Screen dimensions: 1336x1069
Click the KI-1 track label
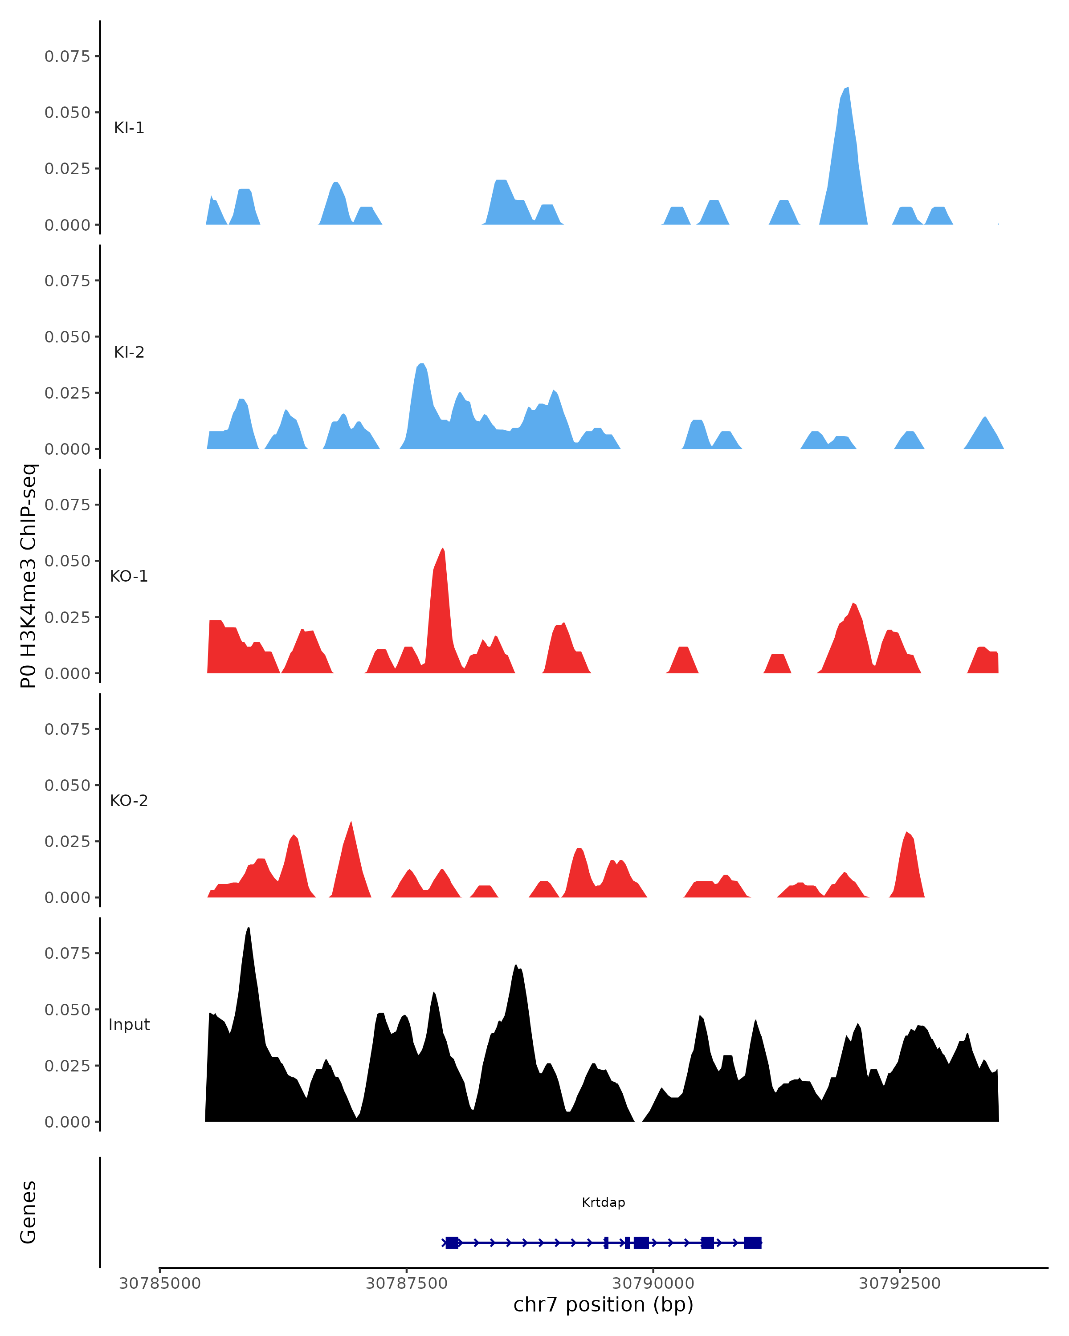click(x=129, y=128)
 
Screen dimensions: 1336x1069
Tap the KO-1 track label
click(x=129, y=576)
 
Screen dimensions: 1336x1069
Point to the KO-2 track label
click(x=129, y=801)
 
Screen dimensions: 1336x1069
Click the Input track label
click(x=129, y=1025)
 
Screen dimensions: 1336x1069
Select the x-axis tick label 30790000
click(x=653, y=1283)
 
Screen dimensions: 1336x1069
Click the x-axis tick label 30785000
click(x=159, y=1283)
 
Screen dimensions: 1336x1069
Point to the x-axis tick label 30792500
click(x=899, y=1283)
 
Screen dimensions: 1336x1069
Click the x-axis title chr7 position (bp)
click(x=603, y=1305)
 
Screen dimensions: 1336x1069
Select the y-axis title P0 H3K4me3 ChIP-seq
click(x=29, y=576)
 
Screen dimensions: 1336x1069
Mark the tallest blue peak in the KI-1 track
click(x=846, y=90)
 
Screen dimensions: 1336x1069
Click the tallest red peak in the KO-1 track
click(x=442, y=550)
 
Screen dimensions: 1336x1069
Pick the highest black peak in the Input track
click(x=249, y=929)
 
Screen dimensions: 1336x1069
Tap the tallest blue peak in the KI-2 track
click(x=421, y=365)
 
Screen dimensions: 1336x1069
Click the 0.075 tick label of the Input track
click(x=68, y=953)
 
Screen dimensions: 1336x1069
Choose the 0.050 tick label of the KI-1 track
click(x=68, y=113)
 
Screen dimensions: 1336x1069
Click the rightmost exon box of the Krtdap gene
click(x=752, y=1242)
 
